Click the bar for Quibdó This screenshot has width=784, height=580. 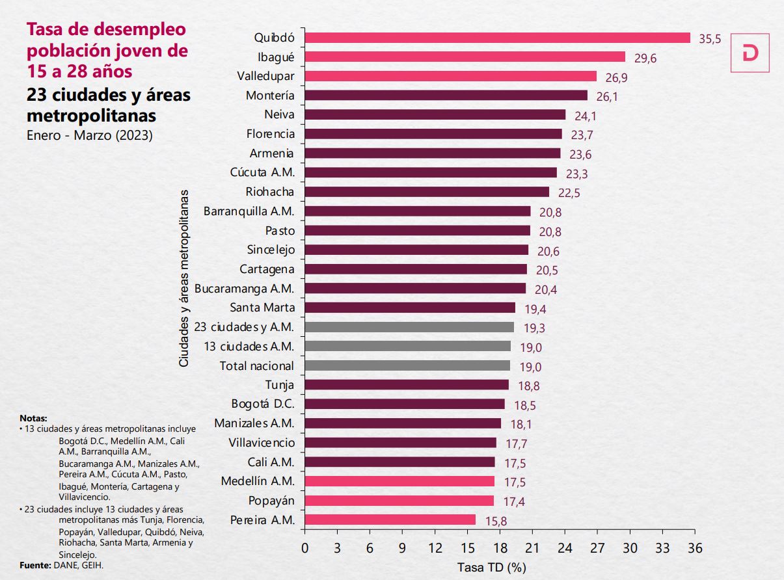[497, 38]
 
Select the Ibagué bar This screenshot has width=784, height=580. [465, 57]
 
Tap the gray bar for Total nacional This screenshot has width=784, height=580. [407, 365]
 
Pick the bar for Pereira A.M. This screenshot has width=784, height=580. [390, 520]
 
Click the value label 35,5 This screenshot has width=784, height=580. [710, 39]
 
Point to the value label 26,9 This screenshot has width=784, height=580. [616, 77]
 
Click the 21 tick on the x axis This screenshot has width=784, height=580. [532, 547]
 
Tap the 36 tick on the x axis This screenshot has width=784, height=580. [695, 547]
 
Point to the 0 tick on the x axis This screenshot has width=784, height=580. [304, 547]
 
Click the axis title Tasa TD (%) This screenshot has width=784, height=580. [491, 567]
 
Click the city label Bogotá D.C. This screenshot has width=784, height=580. [263, 404]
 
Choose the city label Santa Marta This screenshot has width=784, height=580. [262, 308]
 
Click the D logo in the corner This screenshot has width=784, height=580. [750, 53]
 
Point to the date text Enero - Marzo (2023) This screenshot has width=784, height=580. [89, 137]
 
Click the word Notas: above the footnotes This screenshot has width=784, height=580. [33, 418]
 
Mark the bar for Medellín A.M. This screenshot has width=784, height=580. [399, 481]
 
